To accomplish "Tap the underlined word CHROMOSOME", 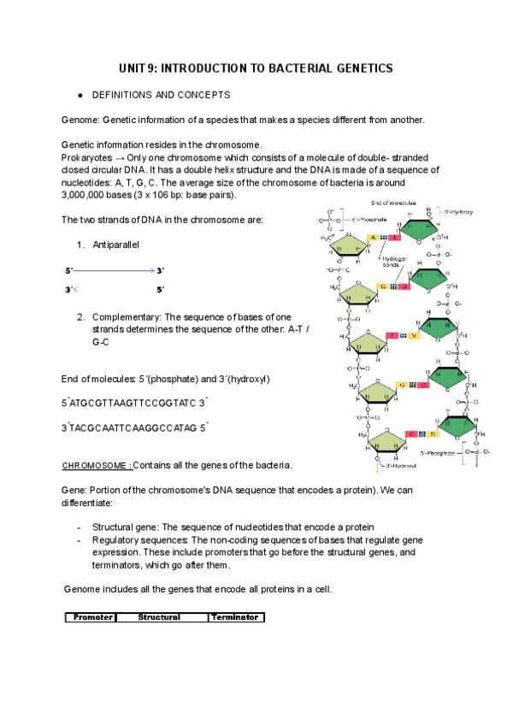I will (x=96, y=466).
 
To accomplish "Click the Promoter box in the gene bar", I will (x=91, y=617).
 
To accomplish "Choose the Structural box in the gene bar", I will (x=159, y=617).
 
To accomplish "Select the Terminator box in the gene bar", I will (x=234, y=617).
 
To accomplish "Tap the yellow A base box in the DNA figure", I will (x=372, y=237).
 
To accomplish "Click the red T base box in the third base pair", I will (x=392, y=336).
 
